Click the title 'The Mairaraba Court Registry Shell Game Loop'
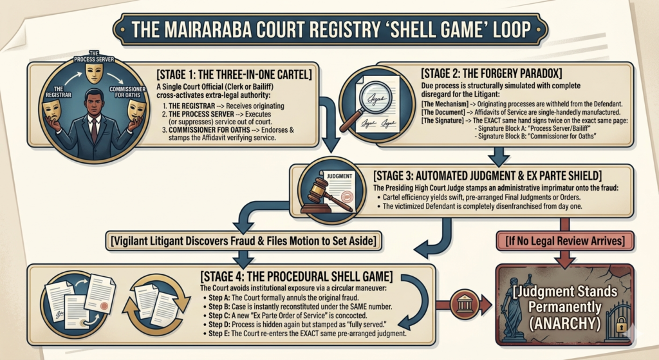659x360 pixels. (x=331, y=30)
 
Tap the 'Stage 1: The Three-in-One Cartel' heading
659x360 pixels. (x=234, y=75)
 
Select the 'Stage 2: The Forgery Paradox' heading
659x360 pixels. (x=491, y=73)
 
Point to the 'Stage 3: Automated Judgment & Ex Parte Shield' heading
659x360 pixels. (x=488, y=175)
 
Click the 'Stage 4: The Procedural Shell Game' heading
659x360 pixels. (x=297, y=276)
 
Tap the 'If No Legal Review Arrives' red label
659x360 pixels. (x=565, y=241)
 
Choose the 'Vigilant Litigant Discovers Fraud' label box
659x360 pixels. (x=244, y=241)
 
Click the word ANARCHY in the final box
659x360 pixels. (x=565, y=323)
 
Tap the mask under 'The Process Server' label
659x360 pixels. (x=94, y=73)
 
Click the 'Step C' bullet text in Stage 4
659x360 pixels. (x=288, y=316)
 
